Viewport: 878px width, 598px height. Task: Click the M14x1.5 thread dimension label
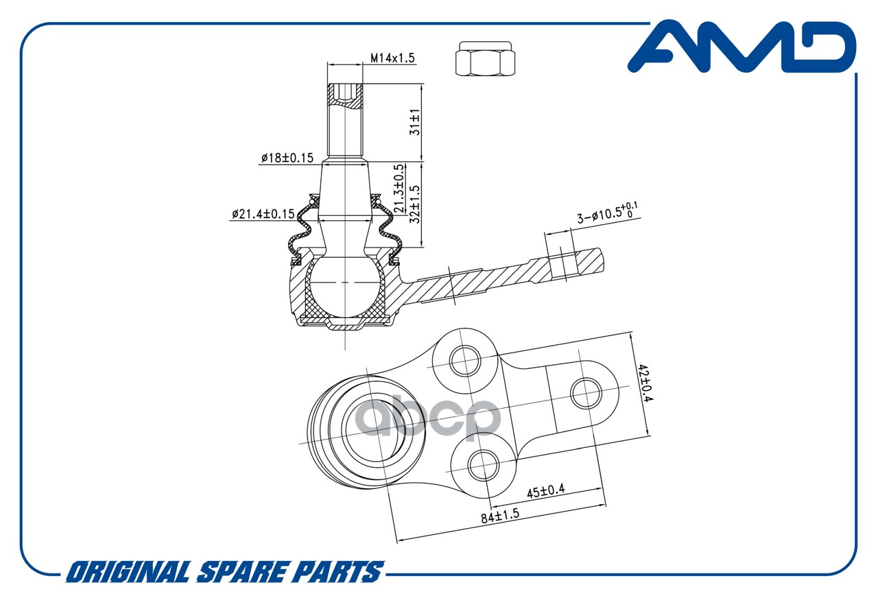coord(393,58)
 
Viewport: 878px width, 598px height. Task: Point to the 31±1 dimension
coord(415,122)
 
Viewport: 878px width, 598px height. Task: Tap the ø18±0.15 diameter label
coord(287,158)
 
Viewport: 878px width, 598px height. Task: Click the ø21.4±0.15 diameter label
coord(263,214)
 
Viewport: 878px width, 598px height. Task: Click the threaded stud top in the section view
coord(345,96)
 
